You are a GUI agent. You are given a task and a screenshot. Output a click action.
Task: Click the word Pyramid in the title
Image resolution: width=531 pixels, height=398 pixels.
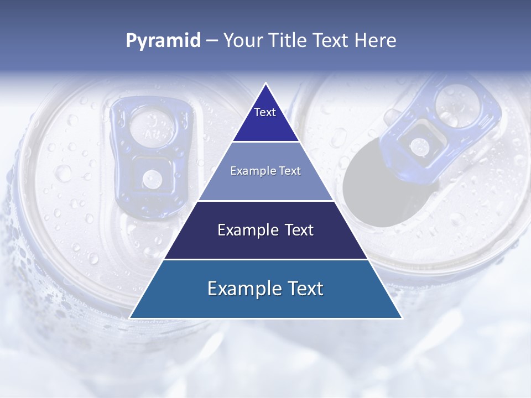[x=163, y=41]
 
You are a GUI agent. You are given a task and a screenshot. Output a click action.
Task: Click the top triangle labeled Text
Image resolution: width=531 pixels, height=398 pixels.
[x=265, y=119]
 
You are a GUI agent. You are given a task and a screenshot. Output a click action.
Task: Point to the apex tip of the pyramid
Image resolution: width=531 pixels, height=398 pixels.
[x=265, y=85]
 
